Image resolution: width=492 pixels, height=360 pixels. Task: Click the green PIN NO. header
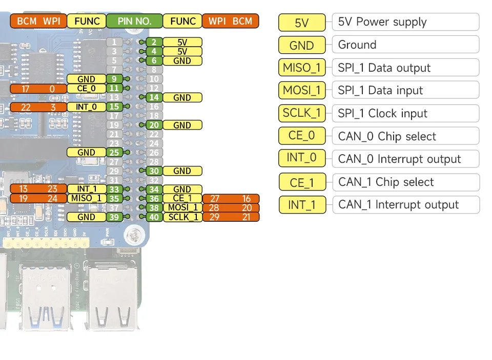pyautogui.click(x=134, y=21)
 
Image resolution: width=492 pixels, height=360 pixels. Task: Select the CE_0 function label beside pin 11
pyautogui.click(x=86, y=89)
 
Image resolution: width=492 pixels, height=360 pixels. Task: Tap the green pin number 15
pyautogui.click(x=114, y=107)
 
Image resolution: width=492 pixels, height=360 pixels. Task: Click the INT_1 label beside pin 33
pyautogui.click(x=86, y=189)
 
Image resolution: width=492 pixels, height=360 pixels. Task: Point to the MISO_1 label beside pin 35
pyautogui.click(x=86, y=198)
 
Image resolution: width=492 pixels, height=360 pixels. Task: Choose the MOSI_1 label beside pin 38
pyautogui.click(x=182, y=207)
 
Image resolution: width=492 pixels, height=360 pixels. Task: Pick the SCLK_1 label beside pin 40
pyautogui.click(x=182, y=217)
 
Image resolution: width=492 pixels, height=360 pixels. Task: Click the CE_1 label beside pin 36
pyautogui.click(x=182, y=198)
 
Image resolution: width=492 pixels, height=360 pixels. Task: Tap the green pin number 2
pyautogui.click(x=154, y=42)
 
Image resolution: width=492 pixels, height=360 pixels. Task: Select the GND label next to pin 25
pyautogui.click(x=86, y=153)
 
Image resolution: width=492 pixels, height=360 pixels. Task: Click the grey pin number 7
pyautogui.click(x=114, y=70)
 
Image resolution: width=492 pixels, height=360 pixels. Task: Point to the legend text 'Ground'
pyautogui.click(x=357, y=45)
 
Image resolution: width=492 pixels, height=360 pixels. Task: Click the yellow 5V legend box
pyautogui.click(x=302, y=23)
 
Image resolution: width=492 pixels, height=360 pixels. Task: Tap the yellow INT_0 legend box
pyautogui.click(x=302, y=158)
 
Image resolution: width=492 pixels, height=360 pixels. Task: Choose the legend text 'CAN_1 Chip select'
pyautogui.click(x=386, y=182)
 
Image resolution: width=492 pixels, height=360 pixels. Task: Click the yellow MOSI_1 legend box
pyautogui.click(x=302, y=91)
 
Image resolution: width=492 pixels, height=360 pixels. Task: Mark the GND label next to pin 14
pyautogui.click(x=182, y=97)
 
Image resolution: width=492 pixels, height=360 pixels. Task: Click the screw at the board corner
pyautogui.click(x=134, y=236)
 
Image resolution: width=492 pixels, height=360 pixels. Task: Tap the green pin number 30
pyautogui.click(x=154, y=171)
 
